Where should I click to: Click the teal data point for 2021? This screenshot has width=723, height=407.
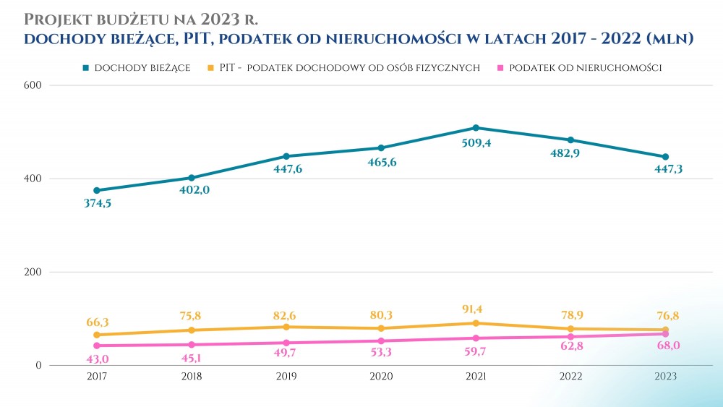pyautogui.click(x=476, y=128)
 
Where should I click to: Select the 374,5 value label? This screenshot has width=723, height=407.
pyautogui.click(x=97, y=203)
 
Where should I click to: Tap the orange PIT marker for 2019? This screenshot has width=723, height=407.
pyautogui.click(x=286, y=327)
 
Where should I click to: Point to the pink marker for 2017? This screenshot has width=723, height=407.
pyautogui.click(x=97, y=346)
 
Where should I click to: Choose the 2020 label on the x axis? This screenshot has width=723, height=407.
pyautogui.click(x=381, y=377)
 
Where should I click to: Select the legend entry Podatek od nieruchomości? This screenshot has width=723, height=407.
pyautogui.click(x=586, y=67)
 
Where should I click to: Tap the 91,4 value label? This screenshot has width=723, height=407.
pyautogui.click(x=476, y=309)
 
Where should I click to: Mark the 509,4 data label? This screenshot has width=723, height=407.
pyautogui.click(x=476, y=143)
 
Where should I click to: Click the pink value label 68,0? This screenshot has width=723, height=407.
pyautogui.click(x=665, y=346)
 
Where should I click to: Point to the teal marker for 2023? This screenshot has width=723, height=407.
pyautogui.click(x=665, y=157)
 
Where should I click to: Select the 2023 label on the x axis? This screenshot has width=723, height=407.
pyautogui.click(x=665, y=377)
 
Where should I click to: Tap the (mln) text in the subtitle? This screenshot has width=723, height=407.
pyautogui.click(x=669, y=38)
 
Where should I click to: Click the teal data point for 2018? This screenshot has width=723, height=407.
pyautogui.click(x=192, y=178)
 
